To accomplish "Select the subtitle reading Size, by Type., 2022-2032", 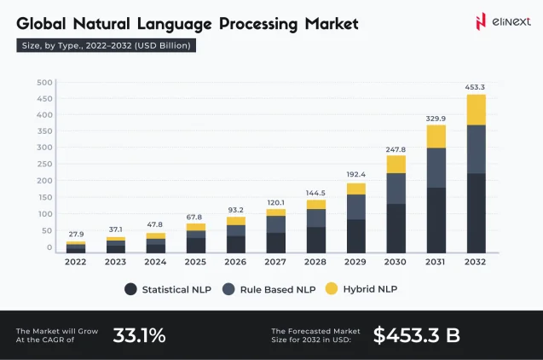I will point(107,45).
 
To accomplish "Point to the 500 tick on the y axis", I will point(44,83).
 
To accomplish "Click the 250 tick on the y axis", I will point(44,165).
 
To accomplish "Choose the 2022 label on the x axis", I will point(76,262).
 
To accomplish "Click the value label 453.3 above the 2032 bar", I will point(476,86).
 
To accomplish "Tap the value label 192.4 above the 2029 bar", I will point(355,174).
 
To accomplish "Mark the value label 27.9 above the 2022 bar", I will point(76,233).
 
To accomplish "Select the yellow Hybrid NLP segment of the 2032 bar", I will point(476,109).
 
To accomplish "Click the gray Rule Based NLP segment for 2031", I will point(436,167).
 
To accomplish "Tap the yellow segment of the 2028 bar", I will point(316,204).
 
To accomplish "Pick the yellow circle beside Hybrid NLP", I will point(332,289).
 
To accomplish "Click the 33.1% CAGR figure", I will point(139,335).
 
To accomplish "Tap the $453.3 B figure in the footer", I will point(416,335).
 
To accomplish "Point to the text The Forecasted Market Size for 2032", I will point(315,335).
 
